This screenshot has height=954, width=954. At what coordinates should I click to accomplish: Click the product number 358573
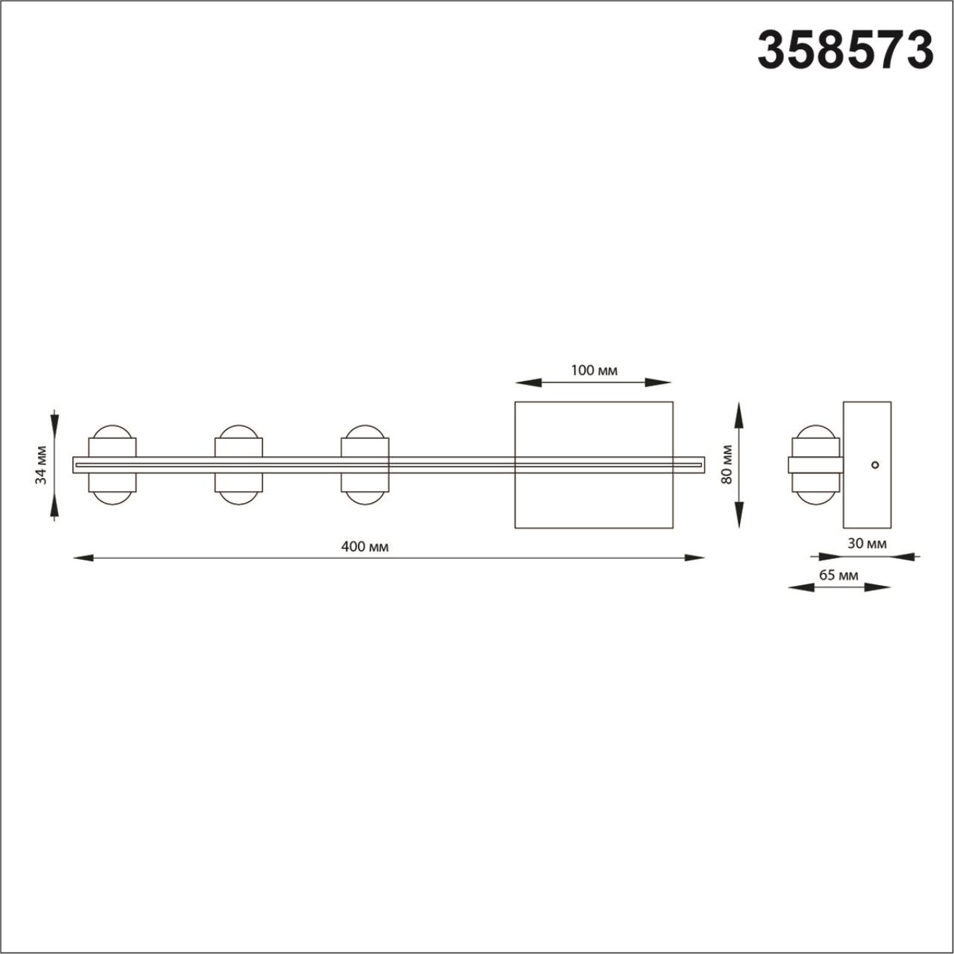point(845,51)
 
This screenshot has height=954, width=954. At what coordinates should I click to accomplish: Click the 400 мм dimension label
point(364,546)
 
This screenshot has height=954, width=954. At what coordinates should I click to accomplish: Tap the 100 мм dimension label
point(594,370)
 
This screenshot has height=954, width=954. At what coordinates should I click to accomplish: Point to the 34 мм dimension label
point(42,465)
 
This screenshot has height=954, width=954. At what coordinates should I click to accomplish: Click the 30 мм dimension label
point(867,543)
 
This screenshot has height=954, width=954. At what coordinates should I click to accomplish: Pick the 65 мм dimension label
point(838,575)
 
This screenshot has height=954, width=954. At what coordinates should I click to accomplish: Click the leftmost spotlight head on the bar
point(113,465)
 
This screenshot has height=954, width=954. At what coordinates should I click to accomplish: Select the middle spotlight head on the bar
point(238,465)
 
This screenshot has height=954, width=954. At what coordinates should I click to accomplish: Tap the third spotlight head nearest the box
point(364,465)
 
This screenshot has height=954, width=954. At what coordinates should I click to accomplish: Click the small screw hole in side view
point(875,465)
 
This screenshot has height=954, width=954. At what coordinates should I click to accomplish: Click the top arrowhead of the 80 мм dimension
point(739,414)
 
